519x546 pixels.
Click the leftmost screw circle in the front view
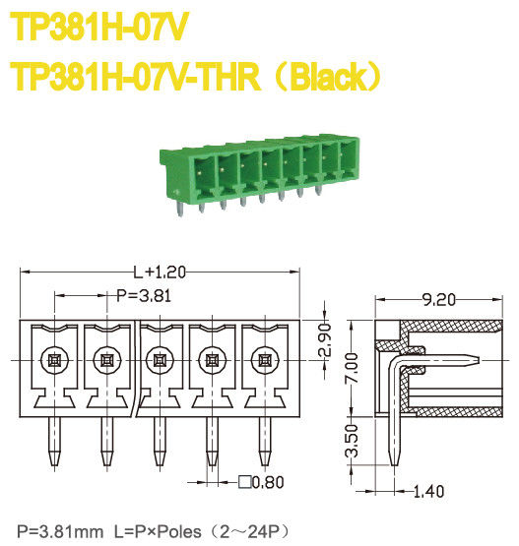pos(52,361)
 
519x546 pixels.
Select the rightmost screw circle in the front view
pos(263,361)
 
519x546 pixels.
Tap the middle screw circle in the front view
pos(158,361)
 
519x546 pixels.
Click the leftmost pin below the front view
pos(52,441)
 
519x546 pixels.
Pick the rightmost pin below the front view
pos(263,441)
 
